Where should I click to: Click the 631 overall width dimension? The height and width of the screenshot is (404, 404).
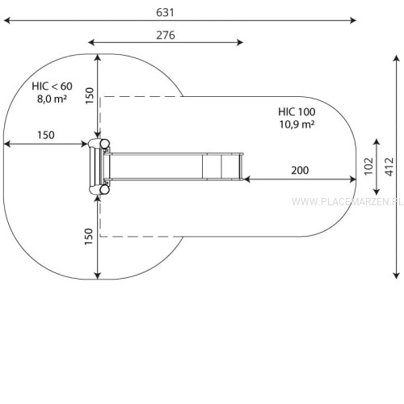pos(165,13)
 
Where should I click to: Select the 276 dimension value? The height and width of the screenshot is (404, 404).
pos(166,36)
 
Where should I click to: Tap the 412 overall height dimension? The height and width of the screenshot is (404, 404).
pos(389,167)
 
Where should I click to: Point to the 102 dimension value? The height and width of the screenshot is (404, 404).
pos(368,166)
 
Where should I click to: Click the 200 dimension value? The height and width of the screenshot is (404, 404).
pos(300,170)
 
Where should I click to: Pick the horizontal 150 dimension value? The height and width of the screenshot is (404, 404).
pos(46,135)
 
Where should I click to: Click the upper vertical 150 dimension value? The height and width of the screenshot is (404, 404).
pos(90,95)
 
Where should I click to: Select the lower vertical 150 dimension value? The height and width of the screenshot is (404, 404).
pos(89,237)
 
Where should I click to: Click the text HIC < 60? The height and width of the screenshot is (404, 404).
pos(52,86)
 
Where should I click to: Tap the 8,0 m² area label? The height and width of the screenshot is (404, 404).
pos(52,99)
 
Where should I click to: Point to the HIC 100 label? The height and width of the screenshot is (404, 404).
pos(297,112)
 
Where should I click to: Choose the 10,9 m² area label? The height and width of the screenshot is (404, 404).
pos(297,124)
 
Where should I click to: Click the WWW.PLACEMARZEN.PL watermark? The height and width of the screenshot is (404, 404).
pos(347,201)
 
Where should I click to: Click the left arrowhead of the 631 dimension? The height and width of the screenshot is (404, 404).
pos(7,20)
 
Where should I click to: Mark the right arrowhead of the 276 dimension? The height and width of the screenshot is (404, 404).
pos(240,42)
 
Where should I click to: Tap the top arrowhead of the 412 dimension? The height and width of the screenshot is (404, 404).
pos(396,58)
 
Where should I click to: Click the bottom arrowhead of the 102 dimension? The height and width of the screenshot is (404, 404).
pos(377,191)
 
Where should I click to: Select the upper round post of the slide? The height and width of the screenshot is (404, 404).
pos(104,144)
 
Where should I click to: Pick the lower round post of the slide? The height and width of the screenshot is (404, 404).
pos(104,190)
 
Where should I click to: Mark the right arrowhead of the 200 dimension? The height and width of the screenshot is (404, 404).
pos(353,179)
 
